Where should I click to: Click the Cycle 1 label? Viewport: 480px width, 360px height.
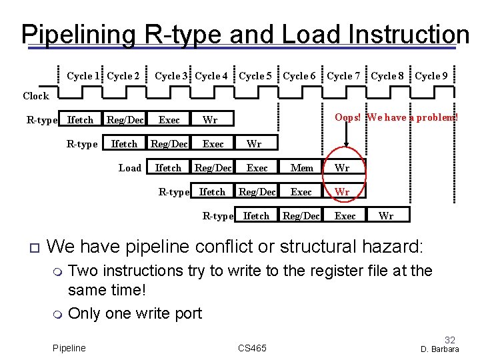[83, 76]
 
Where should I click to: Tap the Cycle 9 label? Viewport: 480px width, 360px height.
[431, 76]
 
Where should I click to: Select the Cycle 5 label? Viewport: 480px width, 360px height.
[255, 76]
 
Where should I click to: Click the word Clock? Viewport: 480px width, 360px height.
[35, 96]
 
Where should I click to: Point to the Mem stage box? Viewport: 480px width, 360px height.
[302, 168]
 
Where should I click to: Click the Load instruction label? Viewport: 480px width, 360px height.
[130, 168]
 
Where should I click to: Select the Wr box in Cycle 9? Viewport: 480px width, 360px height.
[386, 216]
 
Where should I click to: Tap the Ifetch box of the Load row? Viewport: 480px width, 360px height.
[168, 168]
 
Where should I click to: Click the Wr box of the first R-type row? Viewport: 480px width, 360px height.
[210, 120]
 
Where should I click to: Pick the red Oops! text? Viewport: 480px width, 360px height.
[348, 117]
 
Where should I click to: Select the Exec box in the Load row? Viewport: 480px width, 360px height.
[257, 168]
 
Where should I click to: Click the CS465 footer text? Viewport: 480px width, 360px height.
[252, 348]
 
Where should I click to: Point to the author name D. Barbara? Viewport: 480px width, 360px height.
[440, 349]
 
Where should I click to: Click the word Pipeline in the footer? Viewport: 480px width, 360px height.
[69, 348]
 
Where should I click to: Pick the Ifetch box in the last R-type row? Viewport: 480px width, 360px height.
[257, 216]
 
